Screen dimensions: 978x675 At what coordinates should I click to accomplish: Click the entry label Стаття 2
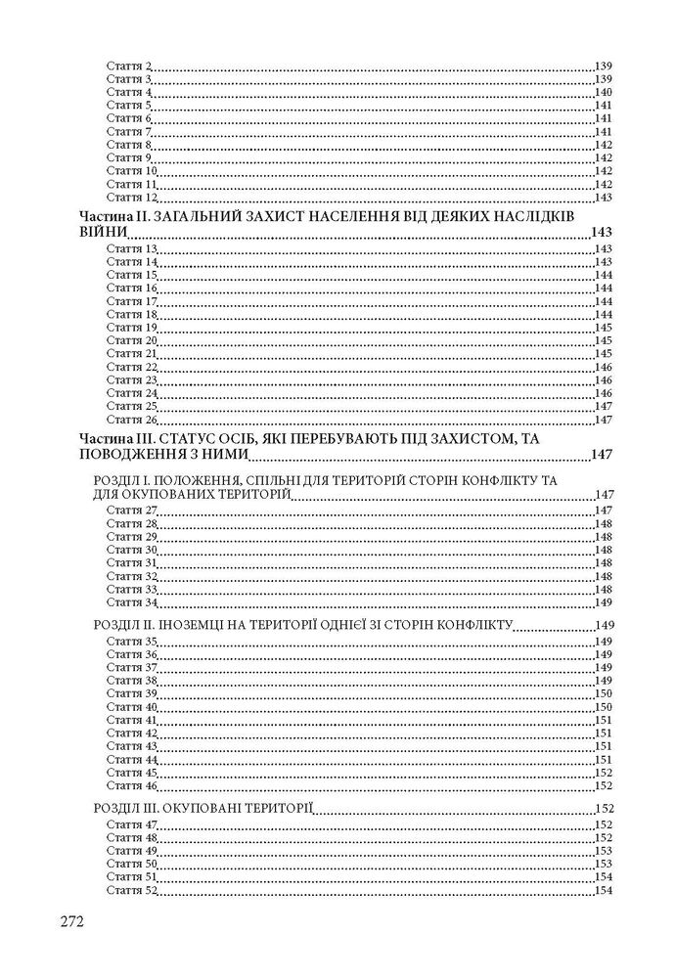coord(128,66)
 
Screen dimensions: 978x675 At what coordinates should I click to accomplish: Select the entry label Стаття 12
coord(131,198)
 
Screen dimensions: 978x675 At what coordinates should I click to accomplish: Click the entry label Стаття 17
coord(131,302)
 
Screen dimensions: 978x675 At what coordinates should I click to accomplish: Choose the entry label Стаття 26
coord(131,421)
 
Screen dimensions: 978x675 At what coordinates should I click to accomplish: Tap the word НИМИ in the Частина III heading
coord(225,455)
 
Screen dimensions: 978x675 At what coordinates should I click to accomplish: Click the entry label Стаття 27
coord(131,511)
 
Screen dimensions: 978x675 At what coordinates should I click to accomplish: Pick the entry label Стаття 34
coord(131,603)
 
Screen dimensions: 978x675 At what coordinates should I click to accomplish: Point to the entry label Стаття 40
coord(131,707)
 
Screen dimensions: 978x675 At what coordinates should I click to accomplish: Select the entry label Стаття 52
coord(131,891)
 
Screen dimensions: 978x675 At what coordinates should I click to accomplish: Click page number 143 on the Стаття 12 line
coord(603,198)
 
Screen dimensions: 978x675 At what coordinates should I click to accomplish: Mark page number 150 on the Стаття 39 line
coord(603,693)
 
